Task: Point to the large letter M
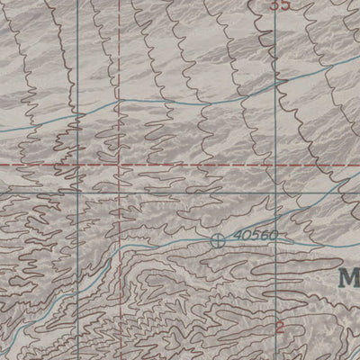click(x=349, y=276)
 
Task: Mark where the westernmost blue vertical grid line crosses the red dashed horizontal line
click(x=77, y=166)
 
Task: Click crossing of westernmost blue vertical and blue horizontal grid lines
click(x=77, y=194)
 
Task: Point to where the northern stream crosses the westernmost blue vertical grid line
click(x=77, y=118)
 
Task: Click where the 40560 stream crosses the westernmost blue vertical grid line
click(x=77, y=270)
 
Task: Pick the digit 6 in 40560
click(x=261, y=235)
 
